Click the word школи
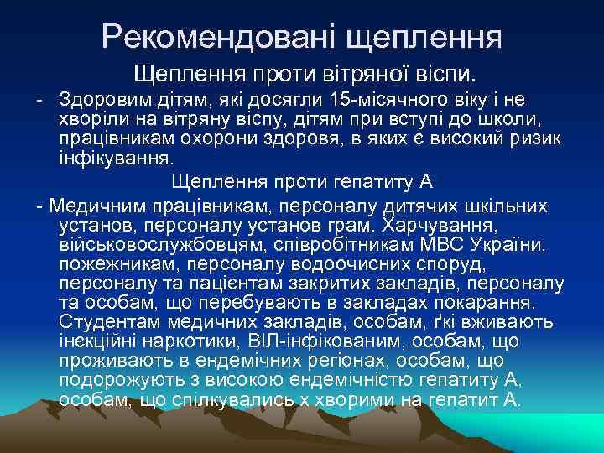pos(499,120)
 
